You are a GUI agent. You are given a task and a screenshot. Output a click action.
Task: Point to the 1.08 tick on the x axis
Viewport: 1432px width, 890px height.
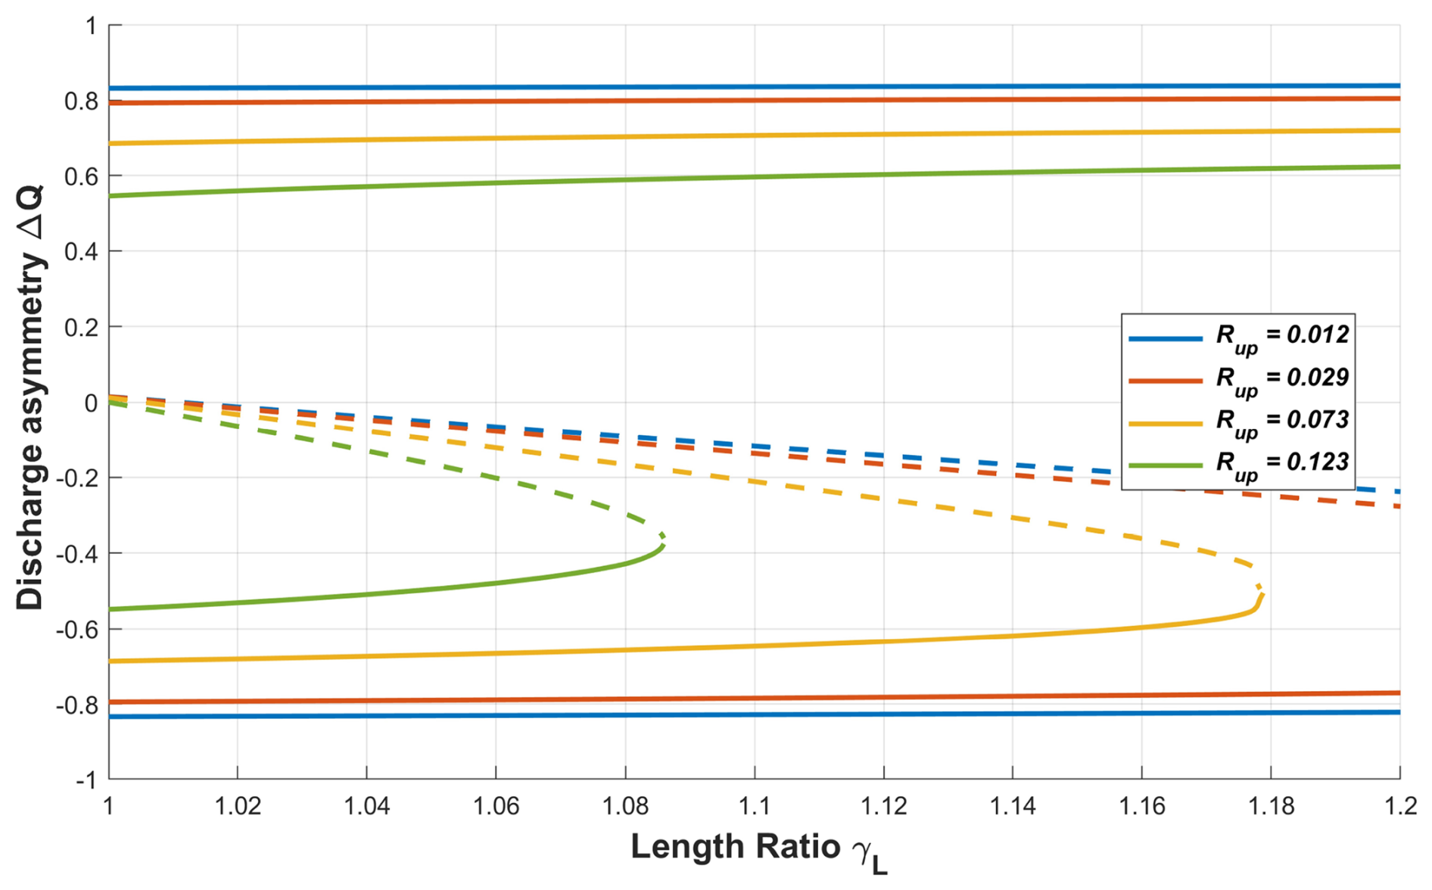625,806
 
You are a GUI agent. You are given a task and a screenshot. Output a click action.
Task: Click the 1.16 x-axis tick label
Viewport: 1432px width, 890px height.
1142,806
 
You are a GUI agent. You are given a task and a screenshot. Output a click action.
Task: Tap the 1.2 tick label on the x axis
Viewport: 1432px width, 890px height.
1401,806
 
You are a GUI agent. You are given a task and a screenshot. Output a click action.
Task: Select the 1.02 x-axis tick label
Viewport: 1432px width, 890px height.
238,806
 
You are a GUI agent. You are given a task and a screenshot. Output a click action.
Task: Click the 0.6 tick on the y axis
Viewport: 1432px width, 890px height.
81,176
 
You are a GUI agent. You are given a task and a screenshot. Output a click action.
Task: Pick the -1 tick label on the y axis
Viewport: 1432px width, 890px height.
86,780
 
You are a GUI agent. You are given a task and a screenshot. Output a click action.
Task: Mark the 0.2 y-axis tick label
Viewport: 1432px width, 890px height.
81,328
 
